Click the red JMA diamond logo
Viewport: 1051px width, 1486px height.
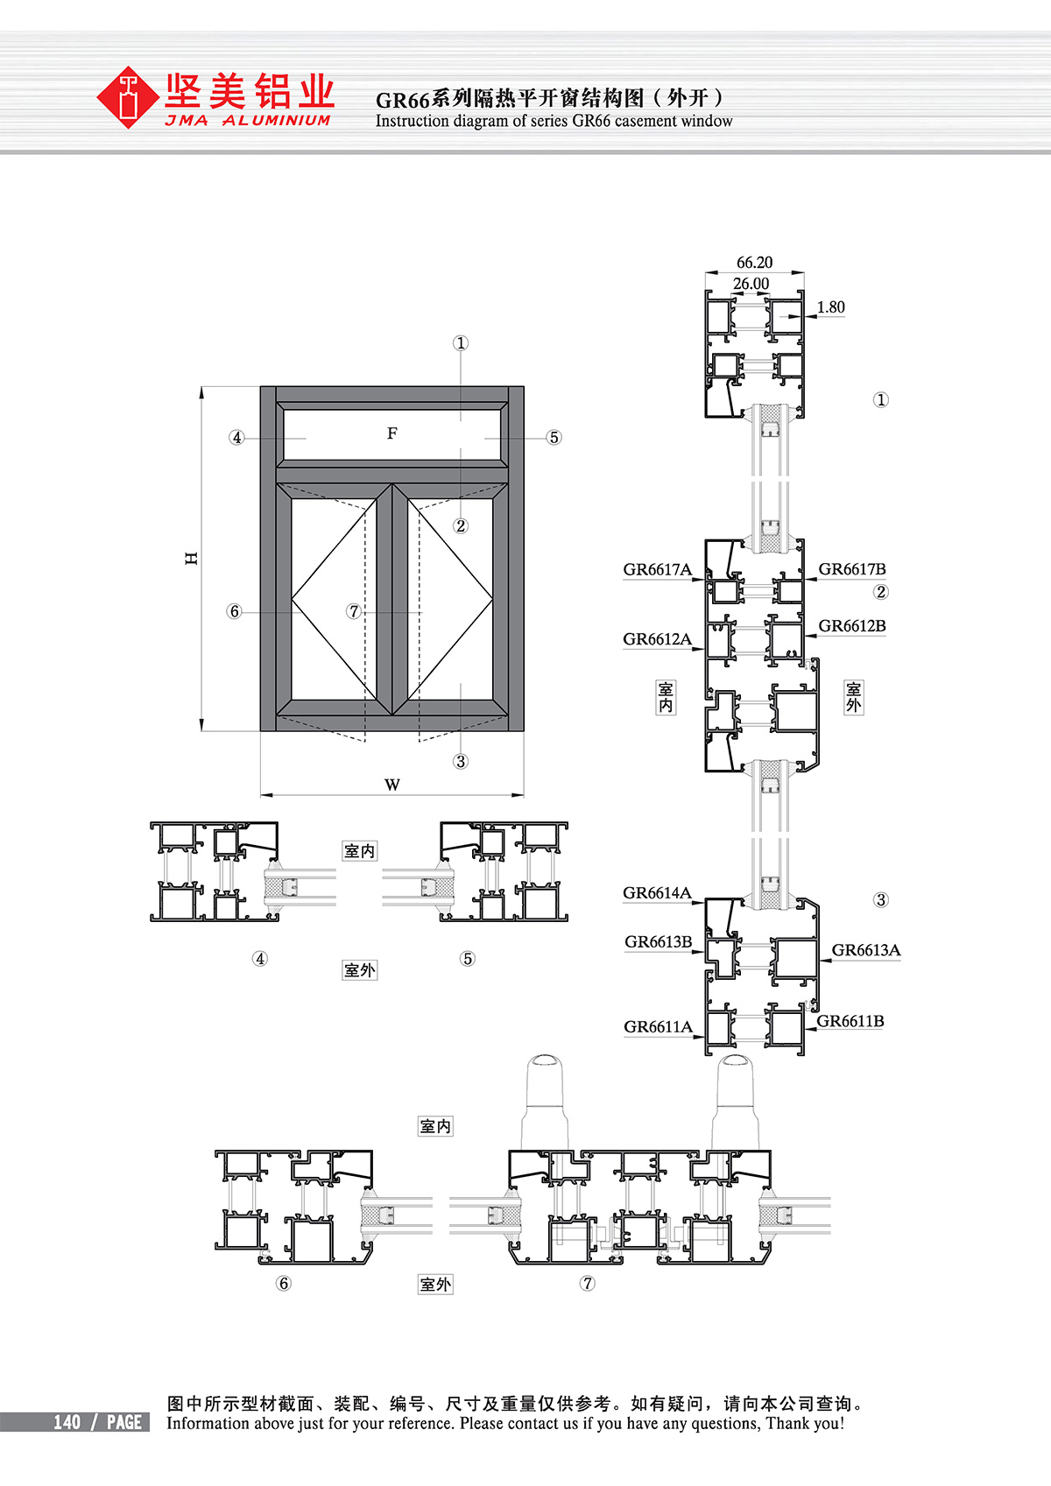(x=129, y=98)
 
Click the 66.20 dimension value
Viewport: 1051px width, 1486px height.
(x=754, y=263)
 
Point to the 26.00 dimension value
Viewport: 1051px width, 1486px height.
(x=751, y=284)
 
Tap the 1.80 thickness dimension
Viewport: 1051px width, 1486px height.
(x=830, y=307)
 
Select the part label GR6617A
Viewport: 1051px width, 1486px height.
(x=657, y=570)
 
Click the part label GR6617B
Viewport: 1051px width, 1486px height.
(x=851, y=569)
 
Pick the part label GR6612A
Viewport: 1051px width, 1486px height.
(x=657, y=639)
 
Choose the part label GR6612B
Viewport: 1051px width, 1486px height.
(x=851, y=626)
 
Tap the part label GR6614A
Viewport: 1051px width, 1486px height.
(x=657, y=893)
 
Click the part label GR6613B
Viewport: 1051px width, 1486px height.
(x=658, y=942)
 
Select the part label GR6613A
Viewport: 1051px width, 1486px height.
(x=865, y=950)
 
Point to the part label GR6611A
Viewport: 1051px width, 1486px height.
(x=658, y=1027)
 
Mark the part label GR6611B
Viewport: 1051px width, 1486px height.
(x=850, y=1021)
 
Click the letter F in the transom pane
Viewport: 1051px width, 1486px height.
(x=392, y=433)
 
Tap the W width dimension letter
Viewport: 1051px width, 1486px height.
(x=392, y=785)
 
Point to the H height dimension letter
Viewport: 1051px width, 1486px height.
(x=192, y=558)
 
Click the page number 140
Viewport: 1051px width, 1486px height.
(x=67, y=1422)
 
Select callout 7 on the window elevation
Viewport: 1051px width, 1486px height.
(x=354, y=611)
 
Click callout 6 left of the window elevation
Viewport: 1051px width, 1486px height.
(x=234, y=611)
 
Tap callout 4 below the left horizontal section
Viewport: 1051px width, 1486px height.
(x=260, y=959)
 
